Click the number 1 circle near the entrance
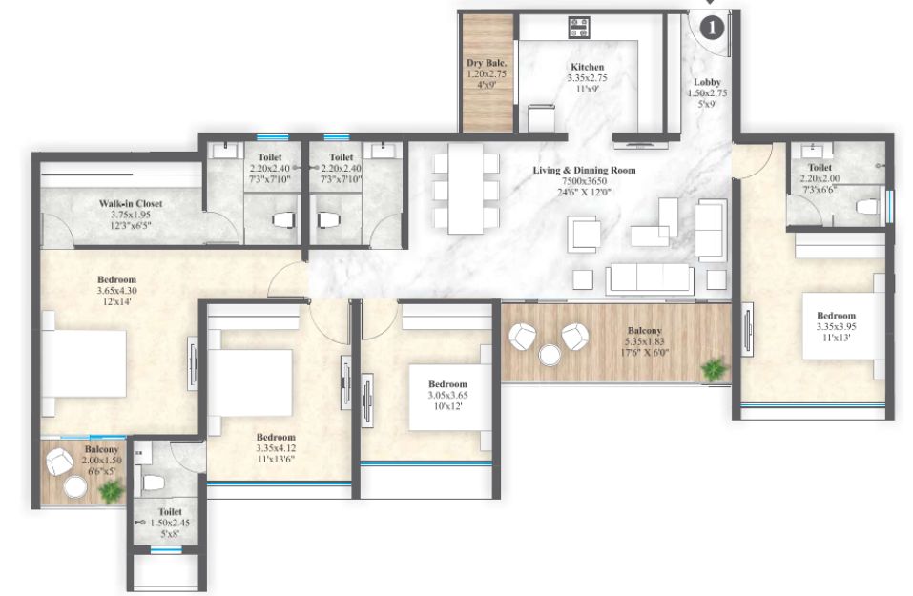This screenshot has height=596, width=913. pyautogui.click(x=711, y=28)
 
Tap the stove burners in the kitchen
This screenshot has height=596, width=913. pyautogui.click(x=579, y=28)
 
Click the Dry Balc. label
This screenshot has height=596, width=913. pyautogui.click(x=487, y=63)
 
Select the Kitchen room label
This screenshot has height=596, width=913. pyautogui.click(x=587, y=67)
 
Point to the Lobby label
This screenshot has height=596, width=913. pyautogui.click(x=707, y=82)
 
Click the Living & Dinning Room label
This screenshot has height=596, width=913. pyautogui.click(x=584, y=170)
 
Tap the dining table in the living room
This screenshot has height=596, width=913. pyautogui.click(x=466, y=189)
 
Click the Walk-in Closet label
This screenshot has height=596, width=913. pyautogui.click(x=131, y=204)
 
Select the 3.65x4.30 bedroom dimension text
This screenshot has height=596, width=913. pyautogui.click(x=117, y=291)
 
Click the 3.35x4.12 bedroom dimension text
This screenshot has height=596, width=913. pyautogui.click(x=276, y=448)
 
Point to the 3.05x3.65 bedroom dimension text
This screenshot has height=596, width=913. pyautogui.click(x=447, y=395)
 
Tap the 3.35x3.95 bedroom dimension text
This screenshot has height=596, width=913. pyautogui.click(x=836, y=327)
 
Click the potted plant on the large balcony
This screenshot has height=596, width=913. pyautogui.click(x=714, y=369)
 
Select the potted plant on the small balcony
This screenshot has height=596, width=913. pyautogui.click(x=111, y=492)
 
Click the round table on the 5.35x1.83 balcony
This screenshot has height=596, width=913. pyautogui.click(x=550, y=355)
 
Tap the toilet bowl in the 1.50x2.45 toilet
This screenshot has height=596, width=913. pyautogui.click(x=154, y=482)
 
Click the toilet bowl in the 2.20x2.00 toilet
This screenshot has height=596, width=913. pyautogui.click(x=866, y=207)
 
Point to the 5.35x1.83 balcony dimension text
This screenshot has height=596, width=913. pyautogui.click(x=645, y=341)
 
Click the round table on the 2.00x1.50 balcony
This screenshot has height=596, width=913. pyautogui.click(x=75, y=487)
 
